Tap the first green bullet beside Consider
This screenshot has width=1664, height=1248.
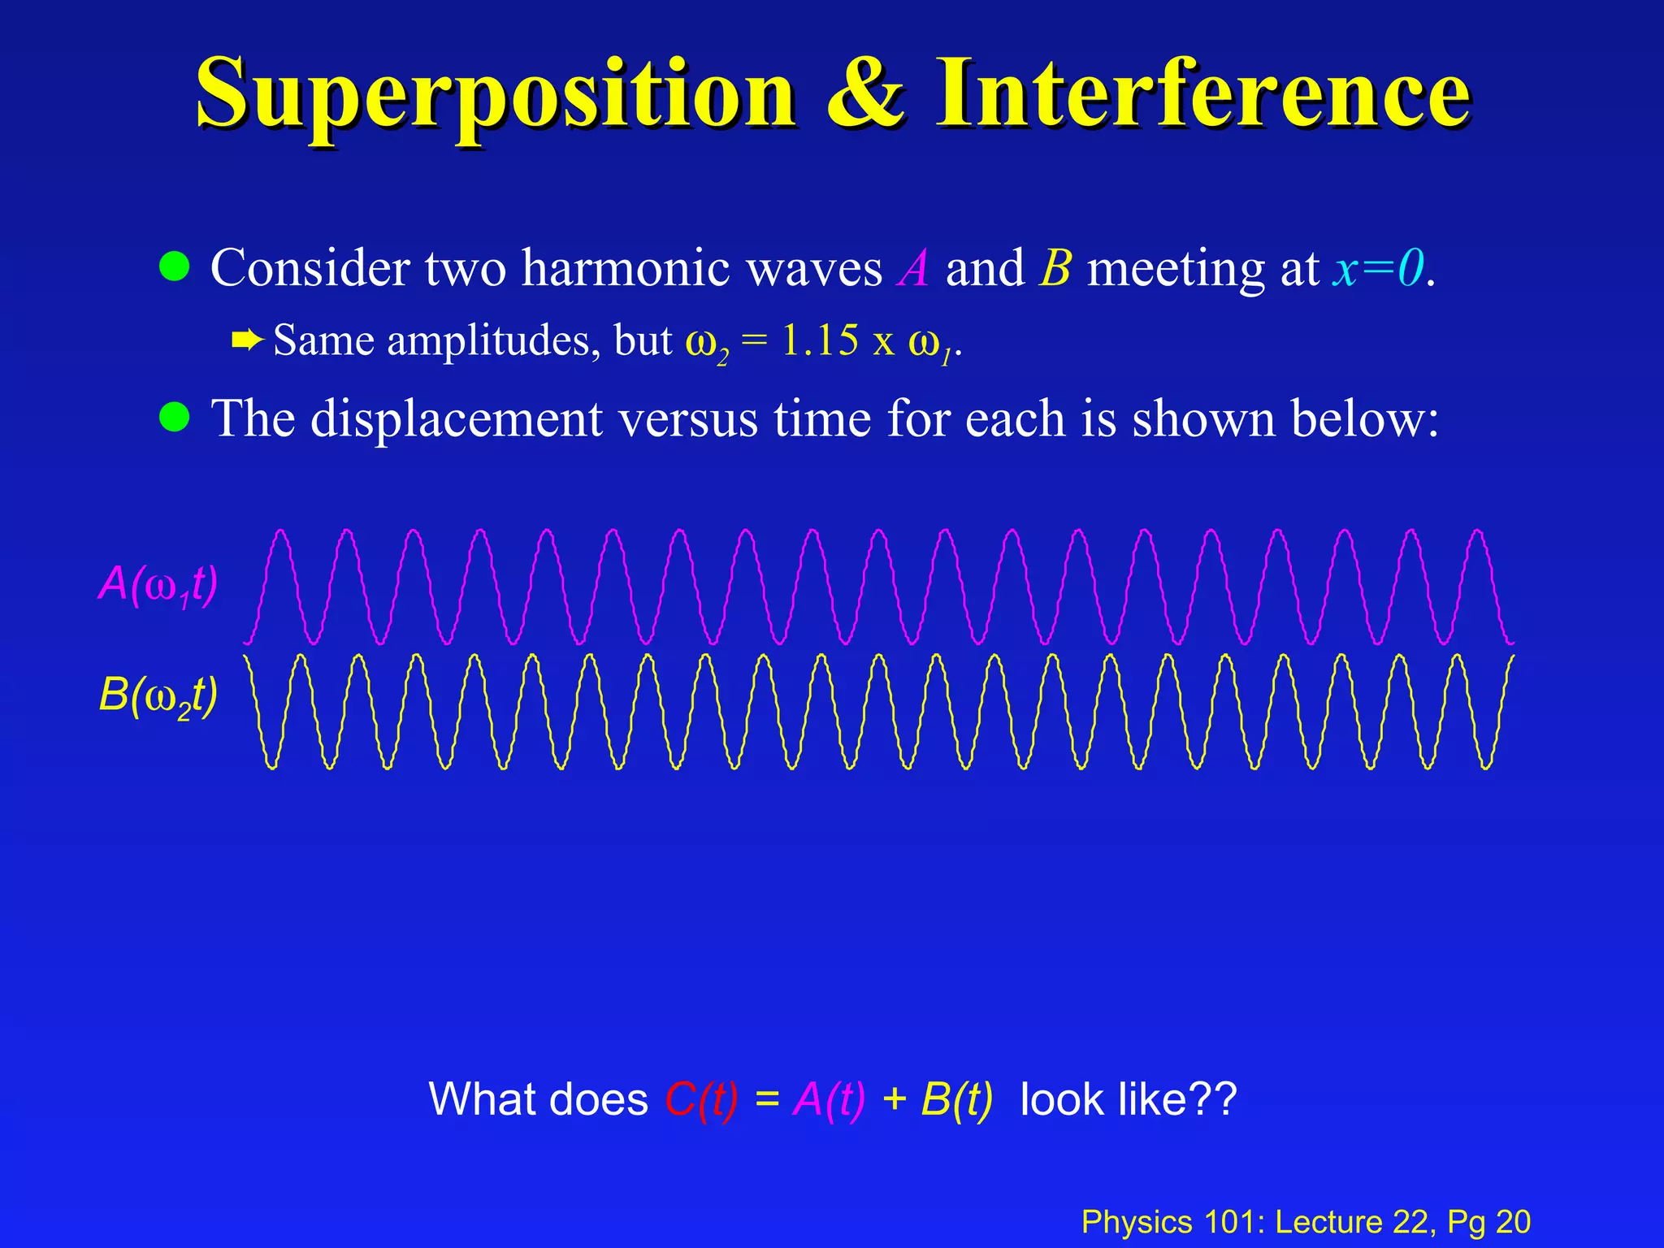tap(174, 266)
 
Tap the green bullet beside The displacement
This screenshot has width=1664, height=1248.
tap(174, 418)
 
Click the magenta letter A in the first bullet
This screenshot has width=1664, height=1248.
tap(913, 268)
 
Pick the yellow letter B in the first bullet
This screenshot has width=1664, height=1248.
tap(1055, 268)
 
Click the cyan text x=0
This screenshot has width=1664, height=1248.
tap(1378, 268)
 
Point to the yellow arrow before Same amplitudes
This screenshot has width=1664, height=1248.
tap(247, 340)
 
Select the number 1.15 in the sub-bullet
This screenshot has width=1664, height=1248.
tap(819, 340)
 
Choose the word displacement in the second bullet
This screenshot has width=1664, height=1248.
tap(456, 419)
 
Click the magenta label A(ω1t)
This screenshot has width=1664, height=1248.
tap(158, 584)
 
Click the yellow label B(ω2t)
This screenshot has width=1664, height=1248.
tap(158, 696)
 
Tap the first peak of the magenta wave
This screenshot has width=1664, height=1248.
tap(281, 532)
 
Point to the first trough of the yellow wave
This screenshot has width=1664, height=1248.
tap(272, 765)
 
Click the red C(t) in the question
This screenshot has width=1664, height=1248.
tap(701, 1099)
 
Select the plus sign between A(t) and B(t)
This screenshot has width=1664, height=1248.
tap(894, 1099)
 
